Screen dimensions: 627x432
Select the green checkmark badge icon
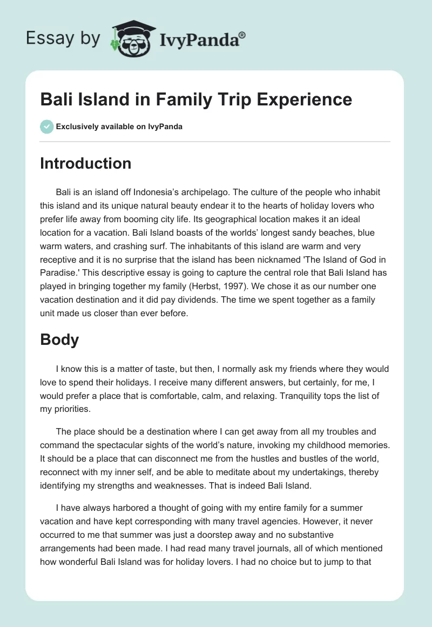(x=46, y=127)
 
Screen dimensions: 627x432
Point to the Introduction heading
(x=85, y=164)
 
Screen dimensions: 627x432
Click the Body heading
(x=59, y=340)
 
